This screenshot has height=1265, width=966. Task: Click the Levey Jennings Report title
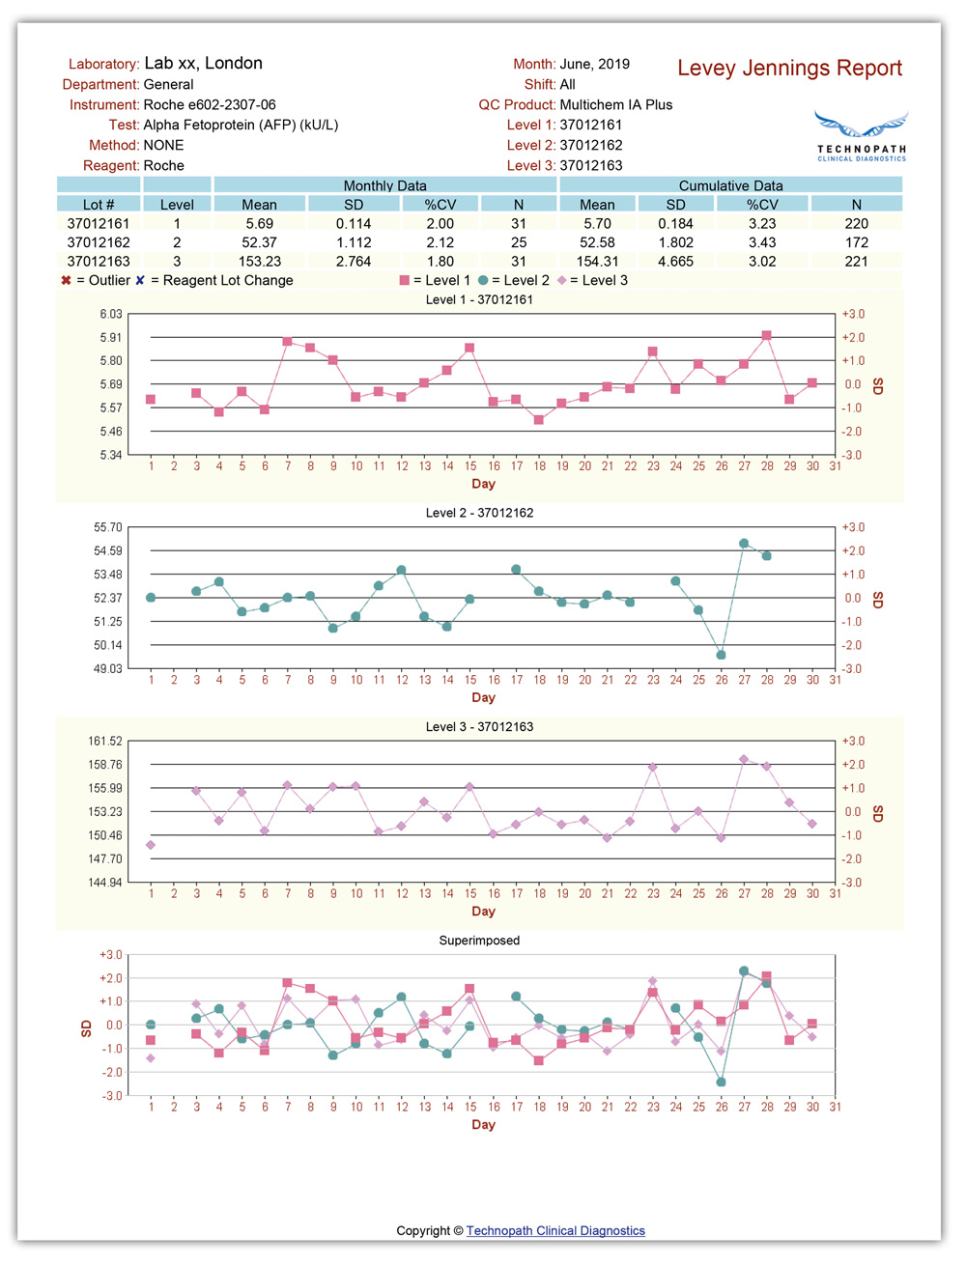pyautogui.click(x=789, y=69)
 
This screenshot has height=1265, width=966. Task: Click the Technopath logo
pyautogui.click(x=861, y=136)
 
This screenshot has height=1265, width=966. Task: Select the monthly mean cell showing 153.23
pyautogui.click(x=259, y=262)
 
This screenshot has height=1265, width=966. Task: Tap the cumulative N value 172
pyautogui.click(x=856, y=242)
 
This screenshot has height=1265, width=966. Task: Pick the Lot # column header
pyautogui.click(x=99, y=205)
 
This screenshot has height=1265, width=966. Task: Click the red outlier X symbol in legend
pyautogui.click(x=66, y=280)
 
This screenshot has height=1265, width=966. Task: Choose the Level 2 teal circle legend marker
pyautogui.click(x=483, y=280)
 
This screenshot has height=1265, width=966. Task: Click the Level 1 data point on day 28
pyautogui.click(x=767, y=336)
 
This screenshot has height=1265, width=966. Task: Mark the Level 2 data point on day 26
pyautogui.click(x=722, y=655)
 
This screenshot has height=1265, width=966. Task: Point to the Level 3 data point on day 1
pyautogui.click(x=151, y=845)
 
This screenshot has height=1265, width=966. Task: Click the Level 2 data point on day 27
pyautogui.click(x=744, y=544)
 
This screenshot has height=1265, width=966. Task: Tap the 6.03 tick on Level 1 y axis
pyautogui.click(x=111, y=315)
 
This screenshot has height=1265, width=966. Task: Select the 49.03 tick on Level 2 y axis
pyautogui.click(x=108, y=668)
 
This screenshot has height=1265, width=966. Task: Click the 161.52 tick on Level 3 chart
pyautogui.click(x=105, y=742)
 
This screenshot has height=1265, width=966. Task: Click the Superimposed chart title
pyautogui.click(x=479, y=941)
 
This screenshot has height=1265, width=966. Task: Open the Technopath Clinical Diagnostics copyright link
pyautogui.click(x=555, y=1231)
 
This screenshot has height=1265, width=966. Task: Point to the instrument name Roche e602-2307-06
pyautogui.click(x=210, y=104)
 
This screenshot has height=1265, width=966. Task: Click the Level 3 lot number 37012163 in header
pyautogui.click(x=591, y=165)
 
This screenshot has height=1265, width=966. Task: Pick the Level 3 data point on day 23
pyautogui.click(x=653, y=768)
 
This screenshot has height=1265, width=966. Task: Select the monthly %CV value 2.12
pyautogui.click(x=440, y=242)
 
